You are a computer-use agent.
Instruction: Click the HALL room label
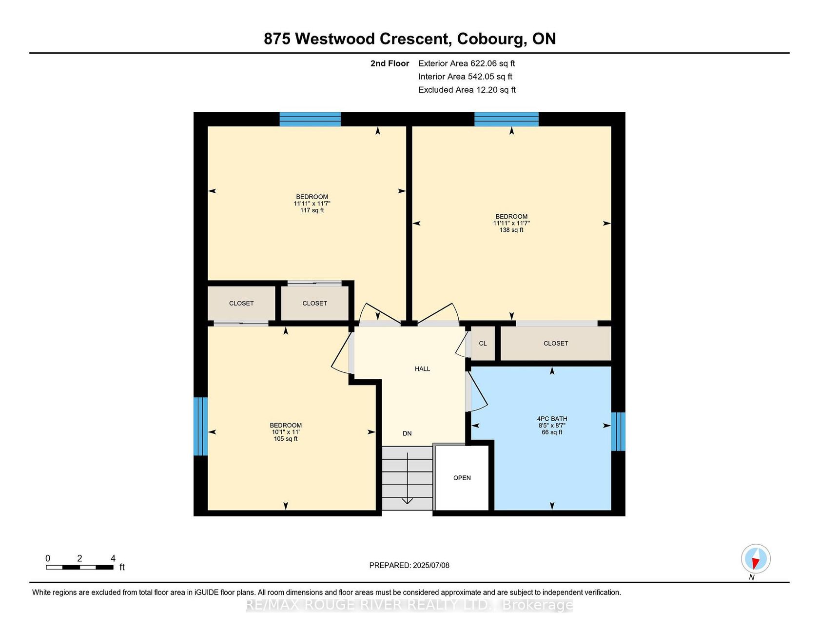coord(422,369)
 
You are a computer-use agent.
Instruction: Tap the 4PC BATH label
coord(552,419)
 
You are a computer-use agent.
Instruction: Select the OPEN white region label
coord(462,478)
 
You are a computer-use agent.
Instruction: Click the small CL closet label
coord(483,344)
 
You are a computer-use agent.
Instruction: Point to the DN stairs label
coord(407,433)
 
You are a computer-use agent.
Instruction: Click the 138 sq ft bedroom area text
coord(511,230)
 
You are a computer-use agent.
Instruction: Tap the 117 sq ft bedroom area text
coord(312,210)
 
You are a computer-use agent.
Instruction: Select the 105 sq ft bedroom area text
coord(286,439)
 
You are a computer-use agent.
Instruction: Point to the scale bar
coord(80,567)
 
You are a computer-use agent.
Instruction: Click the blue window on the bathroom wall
coord(618,431)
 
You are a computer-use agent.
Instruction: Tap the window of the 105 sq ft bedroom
coord(201,426)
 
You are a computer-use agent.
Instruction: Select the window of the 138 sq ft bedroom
coord(507,119)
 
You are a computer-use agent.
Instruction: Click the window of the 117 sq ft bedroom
coord(310,119)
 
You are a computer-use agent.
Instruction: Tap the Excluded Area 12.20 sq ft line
coord(467,90)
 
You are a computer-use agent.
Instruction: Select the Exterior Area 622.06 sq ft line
coord(467,63)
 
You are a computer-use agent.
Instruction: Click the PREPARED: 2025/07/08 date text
coord(409,566)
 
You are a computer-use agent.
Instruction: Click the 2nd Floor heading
coord(390,63)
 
